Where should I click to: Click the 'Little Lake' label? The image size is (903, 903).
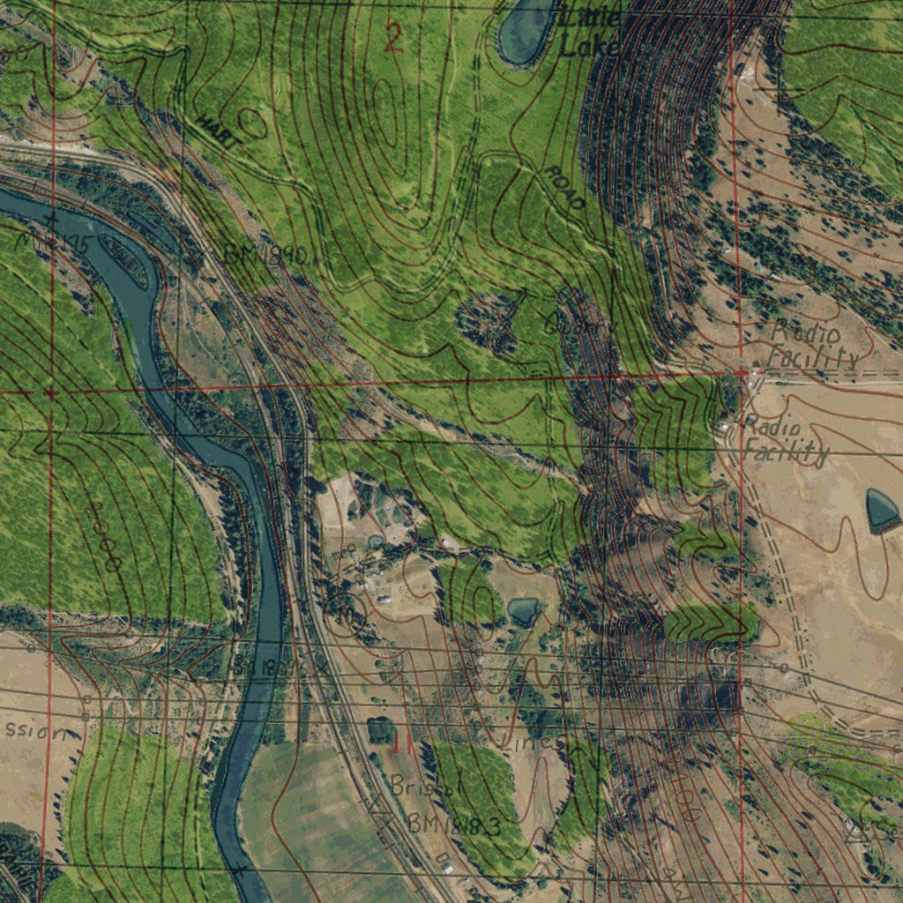tap(590, 32)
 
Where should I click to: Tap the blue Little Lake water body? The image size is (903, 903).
tap(527, 30)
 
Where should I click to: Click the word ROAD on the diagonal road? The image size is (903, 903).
tap(564, 188)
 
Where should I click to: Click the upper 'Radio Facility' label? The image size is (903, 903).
tap(811, 345)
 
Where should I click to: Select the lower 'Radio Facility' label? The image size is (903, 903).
tap(785, 439)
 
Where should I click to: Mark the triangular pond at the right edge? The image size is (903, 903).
tap(882, 510)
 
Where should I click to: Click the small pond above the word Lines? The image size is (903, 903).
tap(523, 610)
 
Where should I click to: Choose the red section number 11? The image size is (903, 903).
tap(402, 743)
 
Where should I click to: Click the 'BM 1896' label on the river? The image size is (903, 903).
tap(269, 668)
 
